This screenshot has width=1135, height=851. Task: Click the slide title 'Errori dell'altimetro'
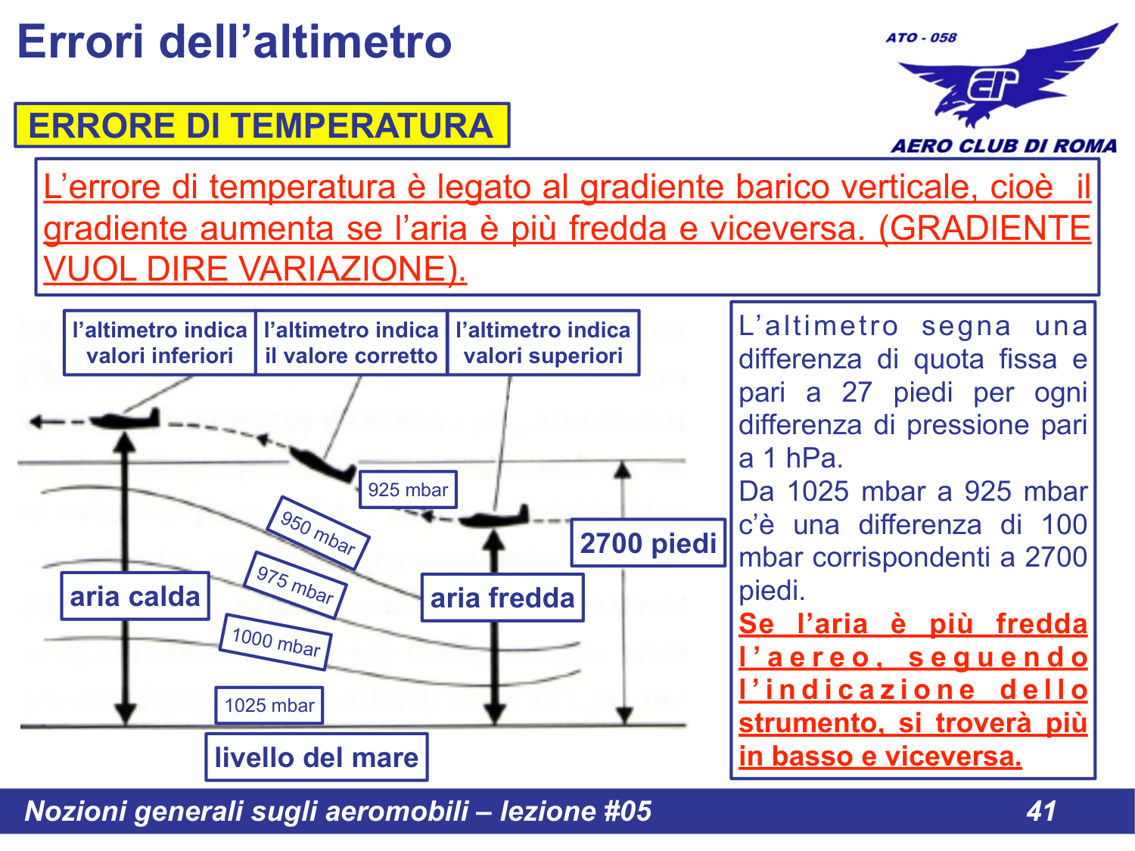click(235, 42)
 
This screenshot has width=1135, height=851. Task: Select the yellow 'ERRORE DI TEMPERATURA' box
click(261, 126)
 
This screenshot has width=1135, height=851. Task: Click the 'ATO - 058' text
click(921, 38)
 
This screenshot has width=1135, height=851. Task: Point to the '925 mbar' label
click(408, 490)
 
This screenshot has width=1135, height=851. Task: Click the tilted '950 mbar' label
click(318, 533)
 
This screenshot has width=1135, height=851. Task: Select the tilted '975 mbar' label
click(294, 585)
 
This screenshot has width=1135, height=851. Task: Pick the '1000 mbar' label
click(275, 642)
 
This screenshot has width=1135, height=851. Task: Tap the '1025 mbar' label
click(269, 706)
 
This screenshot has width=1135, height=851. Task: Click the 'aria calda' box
click(135, 597)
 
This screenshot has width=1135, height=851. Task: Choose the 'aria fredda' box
click(502, 598)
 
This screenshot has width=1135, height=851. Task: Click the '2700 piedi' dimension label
click(648, 543)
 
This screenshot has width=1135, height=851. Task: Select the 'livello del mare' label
click(316, 757)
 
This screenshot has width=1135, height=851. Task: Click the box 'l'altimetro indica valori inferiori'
click(160, 343)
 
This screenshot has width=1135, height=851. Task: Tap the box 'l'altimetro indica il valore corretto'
click(351, 343)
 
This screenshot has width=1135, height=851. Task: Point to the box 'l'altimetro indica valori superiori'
click(543, 343)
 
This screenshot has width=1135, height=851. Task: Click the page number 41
click(1041, 811)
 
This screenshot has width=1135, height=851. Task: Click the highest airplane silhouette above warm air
click(125, 418)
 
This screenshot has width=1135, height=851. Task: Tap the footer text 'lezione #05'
click(575, 811)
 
